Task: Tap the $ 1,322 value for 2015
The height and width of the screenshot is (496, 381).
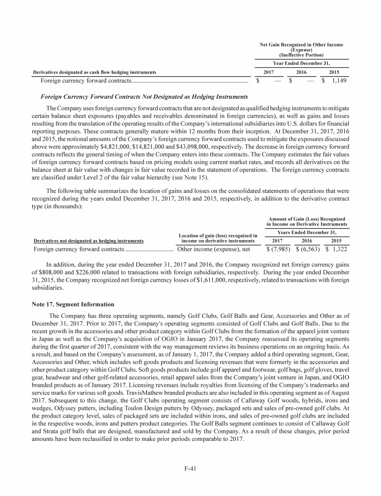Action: (x=336, y=249)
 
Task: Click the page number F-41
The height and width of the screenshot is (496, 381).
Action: (x=190, y=470)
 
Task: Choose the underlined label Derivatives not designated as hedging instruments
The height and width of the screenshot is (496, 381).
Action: (x=88, y=241)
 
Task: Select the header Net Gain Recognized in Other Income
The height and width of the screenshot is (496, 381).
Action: (x=301, y=45)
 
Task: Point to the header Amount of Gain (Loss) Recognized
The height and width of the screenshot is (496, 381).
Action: (x=306, y=219)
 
